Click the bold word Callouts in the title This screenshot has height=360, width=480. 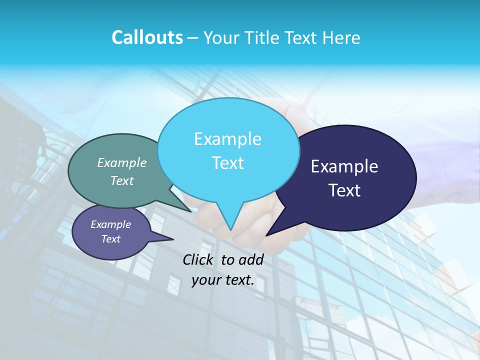pyautogui.click(x=147, y=37)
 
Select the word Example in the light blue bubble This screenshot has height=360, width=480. pyautogui.click(x=227, y=139)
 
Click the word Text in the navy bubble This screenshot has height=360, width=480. pyautogui.click(x=344, y=190)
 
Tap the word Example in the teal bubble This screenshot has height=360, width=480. pyautogui.click(x=122, y=163)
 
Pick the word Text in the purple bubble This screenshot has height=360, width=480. pyautogui.click(x=111, y=239)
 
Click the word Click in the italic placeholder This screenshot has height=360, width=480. pyautogui.click(x=198, y=259)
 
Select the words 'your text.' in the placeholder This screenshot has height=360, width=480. pyautogui.click(x=223, y=280)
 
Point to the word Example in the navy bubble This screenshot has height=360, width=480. pyautogui.click(x=344, y=166)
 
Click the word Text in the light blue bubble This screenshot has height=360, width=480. pyautogui.click(x=227, y=163)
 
